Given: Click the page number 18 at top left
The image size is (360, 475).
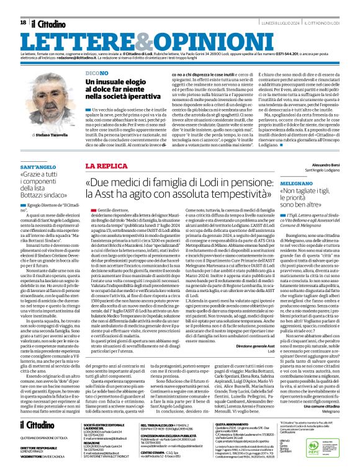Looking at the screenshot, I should tap(22, 23).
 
